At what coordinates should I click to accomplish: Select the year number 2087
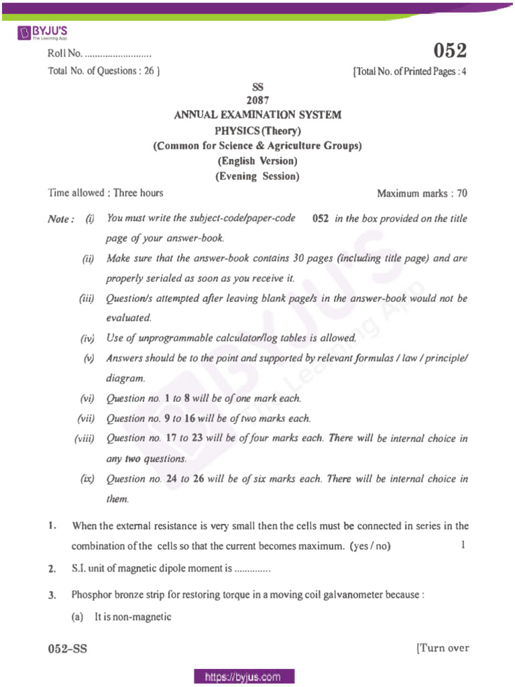[257, 101]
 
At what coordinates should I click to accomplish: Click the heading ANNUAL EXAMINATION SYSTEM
[257, 115]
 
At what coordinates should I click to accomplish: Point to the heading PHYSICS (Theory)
[257, 130]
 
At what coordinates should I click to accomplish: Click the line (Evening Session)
[257, 177]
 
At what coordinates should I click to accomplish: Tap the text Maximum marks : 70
[422, 194]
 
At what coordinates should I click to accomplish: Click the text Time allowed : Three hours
[105, 193]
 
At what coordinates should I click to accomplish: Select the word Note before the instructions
[60, 220]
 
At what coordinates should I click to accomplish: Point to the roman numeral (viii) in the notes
[85, 439]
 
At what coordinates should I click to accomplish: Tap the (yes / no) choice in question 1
[369, 546]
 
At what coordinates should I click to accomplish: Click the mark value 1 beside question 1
[463, 545]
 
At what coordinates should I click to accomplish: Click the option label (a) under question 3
[78, 617]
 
